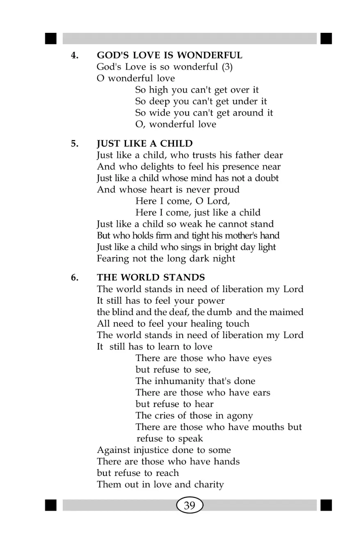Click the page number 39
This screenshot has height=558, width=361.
click(x=190, y=505)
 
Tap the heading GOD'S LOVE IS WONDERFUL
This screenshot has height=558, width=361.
click(x=169, y=55)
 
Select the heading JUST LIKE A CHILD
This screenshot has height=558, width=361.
click(x=144, y=144)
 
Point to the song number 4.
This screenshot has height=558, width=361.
click(x=74, y=55)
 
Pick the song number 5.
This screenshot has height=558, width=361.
click(x=74, y=144)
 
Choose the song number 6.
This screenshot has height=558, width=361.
click(x=74, y=277)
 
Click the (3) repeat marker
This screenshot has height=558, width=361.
click(x=227, y=67)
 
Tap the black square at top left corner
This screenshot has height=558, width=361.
click(x=50, y=39)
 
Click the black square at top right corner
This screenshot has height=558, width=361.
click(x=326, y=39)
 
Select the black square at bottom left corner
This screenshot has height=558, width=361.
click(x=50, y=505)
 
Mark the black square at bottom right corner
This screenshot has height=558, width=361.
click(x=326, y=505)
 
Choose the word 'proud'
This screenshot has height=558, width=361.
click(x=226, y=190)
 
